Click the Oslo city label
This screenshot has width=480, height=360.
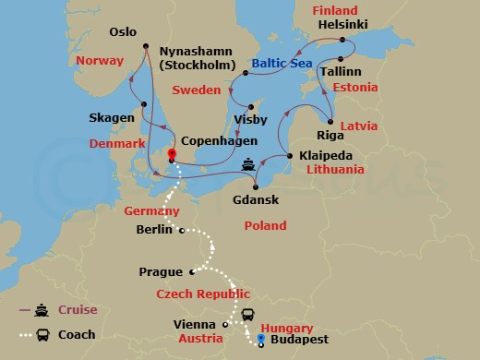122,31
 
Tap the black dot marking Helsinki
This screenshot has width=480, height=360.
342,41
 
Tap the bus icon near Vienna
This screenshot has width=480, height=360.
248,315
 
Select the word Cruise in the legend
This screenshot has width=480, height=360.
78,311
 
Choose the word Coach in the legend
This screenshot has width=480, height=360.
78,335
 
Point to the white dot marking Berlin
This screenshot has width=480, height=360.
182,230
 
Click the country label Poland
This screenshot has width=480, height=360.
265,225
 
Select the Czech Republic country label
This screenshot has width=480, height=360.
202,294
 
